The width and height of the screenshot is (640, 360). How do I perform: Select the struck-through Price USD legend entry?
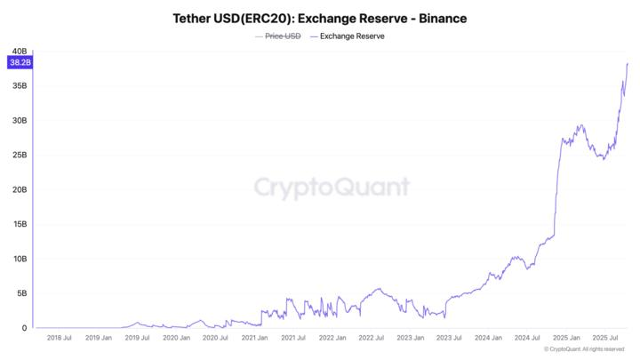coord(277,36)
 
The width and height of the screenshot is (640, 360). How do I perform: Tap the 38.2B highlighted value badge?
coord(19,62)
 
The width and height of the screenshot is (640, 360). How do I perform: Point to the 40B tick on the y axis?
coord(19,52)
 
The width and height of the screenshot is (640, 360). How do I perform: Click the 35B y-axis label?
coord(19,86)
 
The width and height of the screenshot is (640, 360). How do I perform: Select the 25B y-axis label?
coord(19,156)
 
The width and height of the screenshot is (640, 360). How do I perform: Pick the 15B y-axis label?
coord(19,224)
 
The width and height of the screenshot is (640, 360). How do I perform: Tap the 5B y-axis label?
coord(20,293)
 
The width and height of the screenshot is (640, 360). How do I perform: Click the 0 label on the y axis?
coord(24,328)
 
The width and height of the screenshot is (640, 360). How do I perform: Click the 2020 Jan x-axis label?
coord(176,338)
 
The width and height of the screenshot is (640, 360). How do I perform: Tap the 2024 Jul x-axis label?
coord(528,338)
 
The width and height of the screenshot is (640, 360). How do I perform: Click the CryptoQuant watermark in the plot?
coord(332,187)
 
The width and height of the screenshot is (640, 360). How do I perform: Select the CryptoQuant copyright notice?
coord(584,349)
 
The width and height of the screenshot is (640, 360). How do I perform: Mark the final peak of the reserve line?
coord(628,63)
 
